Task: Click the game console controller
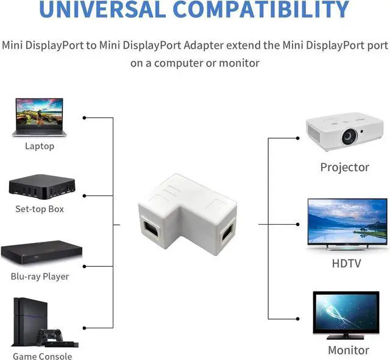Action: tap(49, 336)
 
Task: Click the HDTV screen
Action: tap(347, 221)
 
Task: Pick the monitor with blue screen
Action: tap(346, 314)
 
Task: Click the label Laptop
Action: tap(40, 146)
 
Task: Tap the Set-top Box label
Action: tap(40, 209)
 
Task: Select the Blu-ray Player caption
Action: tap(40, 277)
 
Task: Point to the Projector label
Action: tap(345, 167)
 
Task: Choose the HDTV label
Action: tap(346, 263)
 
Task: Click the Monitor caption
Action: tap(349, 350)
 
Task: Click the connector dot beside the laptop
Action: tap(84, 118)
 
